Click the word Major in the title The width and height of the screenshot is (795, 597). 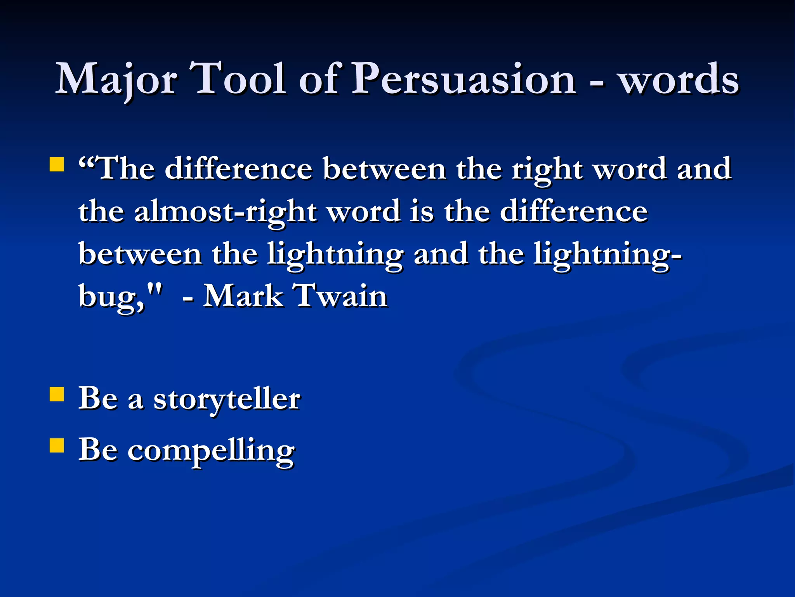[x=116, y=80]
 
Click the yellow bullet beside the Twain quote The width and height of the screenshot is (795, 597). [x=57, y=164]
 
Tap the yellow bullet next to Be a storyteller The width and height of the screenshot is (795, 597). [x=57, y=394]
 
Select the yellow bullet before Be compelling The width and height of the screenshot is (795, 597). [x=57, y=446]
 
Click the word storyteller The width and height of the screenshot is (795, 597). [x=227, y=400]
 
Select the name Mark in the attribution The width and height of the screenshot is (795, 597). [x=243, y=296]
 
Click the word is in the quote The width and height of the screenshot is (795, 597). [x=421, y=212]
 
